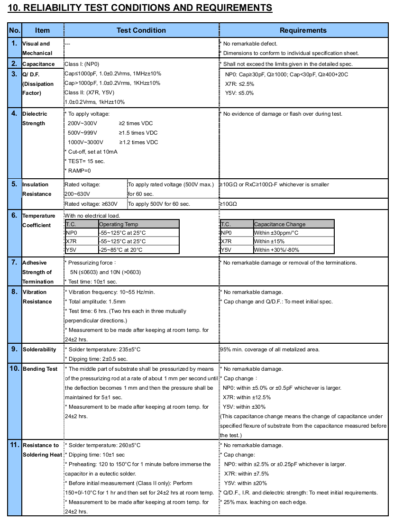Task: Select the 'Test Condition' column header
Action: click(141, 30)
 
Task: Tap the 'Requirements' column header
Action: click(303, 30)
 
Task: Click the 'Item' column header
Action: click(42, 30)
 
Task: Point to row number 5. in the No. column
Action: click(14, 184)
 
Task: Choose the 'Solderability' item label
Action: click(39, 349)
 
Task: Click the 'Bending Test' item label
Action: click(40, 369)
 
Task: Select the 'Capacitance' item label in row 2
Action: click(38, 64)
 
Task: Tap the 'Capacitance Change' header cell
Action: click(280, 224)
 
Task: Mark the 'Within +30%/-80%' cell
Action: click(276, 250)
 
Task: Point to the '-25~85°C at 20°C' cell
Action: click(121, 250)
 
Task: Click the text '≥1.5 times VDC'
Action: click(138, 133)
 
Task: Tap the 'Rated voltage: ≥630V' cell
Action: click(95, 204)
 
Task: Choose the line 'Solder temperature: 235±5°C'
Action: click(103, 349)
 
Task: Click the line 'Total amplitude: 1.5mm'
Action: click(96, 302)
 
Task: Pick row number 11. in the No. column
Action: click(14, 445)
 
